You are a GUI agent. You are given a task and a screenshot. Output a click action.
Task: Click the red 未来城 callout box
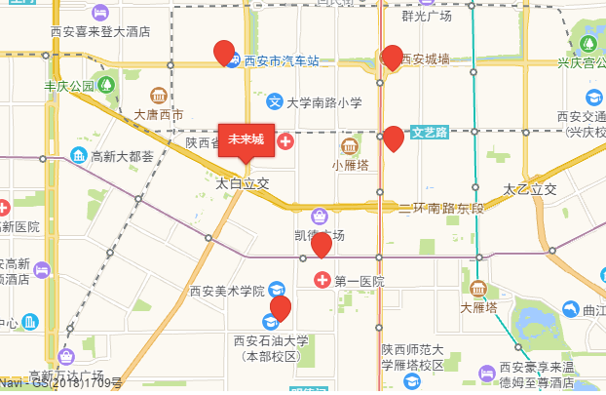246,138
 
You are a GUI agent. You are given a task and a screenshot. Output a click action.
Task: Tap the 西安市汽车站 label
282,60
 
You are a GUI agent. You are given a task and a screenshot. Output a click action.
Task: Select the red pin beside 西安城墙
393,57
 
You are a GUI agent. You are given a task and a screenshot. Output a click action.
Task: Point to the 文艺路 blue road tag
429,131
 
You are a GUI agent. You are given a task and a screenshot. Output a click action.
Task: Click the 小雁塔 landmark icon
350,146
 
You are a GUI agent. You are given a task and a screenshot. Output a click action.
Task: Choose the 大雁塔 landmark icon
477,290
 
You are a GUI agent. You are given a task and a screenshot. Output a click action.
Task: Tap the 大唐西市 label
158,114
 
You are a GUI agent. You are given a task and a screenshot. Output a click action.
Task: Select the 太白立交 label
242,182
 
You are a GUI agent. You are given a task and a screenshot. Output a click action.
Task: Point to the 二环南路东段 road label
441,208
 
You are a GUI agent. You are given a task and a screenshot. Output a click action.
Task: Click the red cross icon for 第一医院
322,281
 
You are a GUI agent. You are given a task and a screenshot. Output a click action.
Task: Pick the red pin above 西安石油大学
281,308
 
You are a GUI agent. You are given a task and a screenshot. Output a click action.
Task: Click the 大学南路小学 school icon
276,101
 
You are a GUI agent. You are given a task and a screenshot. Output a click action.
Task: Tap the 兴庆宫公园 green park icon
588,45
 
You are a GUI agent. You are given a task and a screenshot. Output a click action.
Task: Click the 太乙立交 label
530,187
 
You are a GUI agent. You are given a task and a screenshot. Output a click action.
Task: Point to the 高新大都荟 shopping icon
77,155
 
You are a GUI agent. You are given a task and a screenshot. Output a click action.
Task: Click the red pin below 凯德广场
322,244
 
